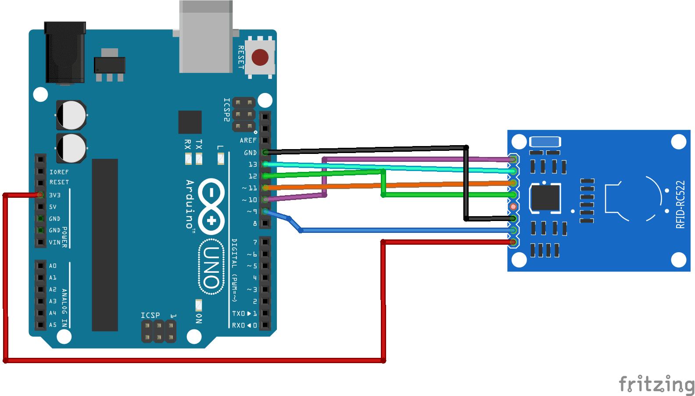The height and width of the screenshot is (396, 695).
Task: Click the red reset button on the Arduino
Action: click(260, 57)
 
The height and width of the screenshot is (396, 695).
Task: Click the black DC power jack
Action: click(65, 53)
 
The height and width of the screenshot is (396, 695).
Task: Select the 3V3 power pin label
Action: click(55, 195)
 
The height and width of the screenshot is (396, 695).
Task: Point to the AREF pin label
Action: click(248, 140)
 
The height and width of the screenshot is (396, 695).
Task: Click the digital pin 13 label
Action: click(253, 164)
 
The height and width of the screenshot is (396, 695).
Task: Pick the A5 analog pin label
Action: click(53, 325)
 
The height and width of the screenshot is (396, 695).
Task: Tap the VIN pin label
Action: click(54, 242)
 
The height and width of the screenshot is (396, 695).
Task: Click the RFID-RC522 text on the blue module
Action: click(680, 204)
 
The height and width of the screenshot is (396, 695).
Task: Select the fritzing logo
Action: click(656, 385)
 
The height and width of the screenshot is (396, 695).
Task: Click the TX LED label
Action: click(199, 145)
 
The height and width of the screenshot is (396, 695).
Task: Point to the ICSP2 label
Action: click(226, 110)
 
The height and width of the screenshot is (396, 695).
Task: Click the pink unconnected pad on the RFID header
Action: click(513, 207)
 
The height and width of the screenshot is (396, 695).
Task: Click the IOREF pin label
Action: click(59, 172)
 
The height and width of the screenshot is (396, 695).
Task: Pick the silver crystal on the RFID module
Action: click(545, 142)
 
